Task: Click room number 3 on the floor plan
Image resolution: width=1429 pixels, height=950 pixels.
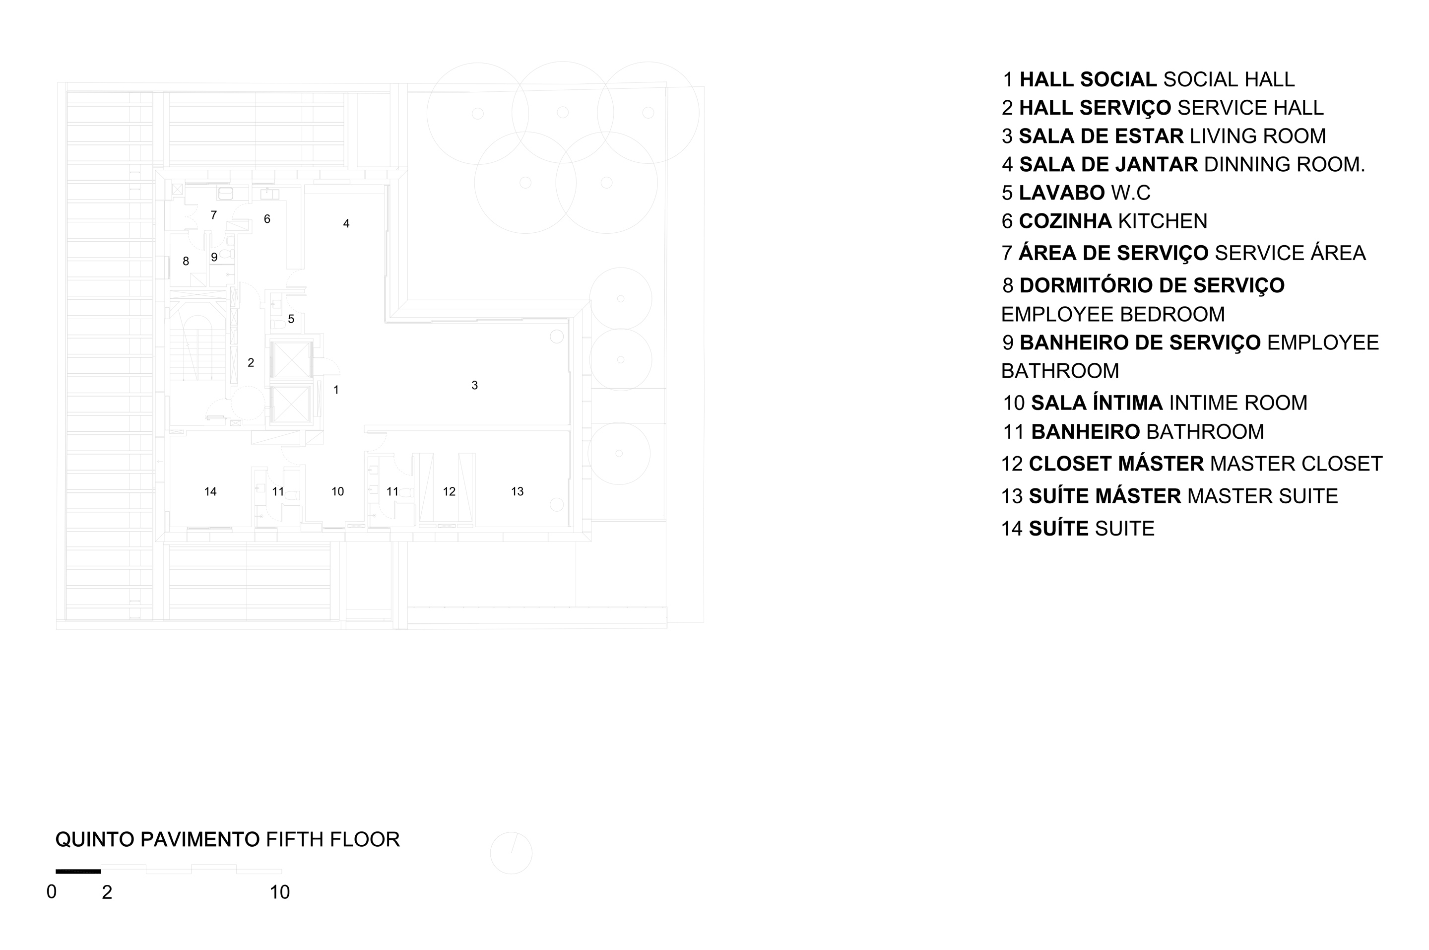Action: click(x=475, y=385)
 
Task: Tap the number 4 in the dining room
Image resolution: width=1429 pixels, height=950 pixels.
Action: click(x=346, y=223)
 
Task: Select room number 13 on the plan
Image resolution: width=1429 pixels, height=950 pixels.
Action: click(x=517, y=491)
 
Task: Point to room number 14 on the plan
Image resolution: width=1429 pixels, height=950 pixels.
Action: click(x=210, y=491)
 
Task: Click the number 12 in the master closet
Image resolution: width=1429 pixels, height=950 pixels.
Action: click(x=449, y=491)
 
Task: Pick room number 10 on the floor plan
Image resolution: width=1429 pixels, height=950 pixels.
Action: click(x=338, y=491)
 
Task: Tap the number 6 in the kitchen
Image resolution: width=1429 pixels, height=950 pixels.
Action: click(x=267, y=219)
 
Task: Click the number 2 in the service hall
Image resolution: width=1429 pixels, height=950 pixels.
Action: click(x=251, y=363)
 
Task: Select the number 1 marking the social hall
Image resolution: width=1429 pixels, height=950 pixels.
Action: click(x=336, y=390)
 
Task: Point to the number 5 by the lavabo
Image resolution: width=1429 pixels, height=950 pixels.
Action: click(x=291, y=319)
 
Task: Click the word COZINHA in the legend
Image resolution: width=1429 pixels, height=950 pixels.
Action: click(x=1065, y=221)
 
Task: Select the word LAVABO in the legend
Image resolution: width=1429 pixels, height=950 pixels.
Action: click(x=1062, y=193)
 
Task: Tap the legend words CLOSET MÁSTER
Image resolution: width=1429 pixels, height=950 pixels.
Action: click(x=1116, y=463)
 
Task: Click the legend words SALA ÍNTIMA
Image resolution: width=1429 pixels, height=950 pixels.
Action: click(x=1097, y=403)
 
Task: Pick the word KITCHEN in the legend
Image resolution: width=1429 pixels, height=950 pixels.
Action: click(x=1163, y=221)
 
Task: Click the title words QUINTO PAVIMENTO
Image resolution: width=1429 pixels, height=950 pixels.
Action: click(x=157, y=840)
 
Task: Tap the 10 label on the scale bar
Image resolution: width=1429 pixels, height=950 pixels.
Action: click(x=280, y=892)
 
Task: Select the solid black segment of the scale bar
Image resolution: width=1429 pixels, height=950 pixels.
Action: click(x=78, y=871)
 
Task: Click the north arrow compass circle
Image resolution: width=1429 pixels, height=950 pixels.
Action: click(x=511, y=853)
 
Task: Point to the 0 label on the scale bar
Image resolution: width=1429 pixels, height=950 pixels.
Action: click(x=52, y=892)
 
